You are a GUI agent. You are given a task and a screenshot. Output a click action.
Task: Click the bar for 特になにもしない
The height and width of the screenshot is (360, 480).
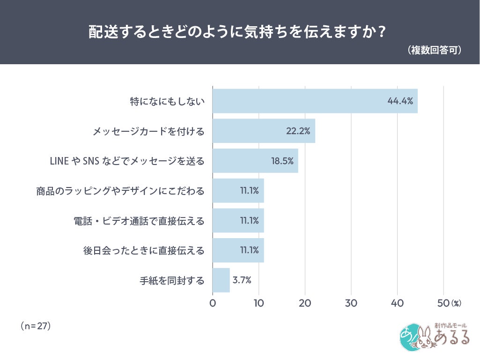[315, 101]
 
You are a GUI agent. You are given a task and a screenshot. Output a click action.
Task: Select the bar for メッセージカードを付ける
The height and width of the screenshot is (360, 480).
[264, 131]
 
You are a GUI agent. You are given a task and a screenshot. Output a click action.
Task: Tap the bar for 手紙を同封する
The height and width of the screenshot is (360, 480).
[221, 280]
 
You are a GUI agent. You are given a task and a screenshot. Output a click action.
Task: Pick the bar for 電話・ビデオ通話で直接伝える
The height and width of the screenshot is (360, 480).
[238, 220]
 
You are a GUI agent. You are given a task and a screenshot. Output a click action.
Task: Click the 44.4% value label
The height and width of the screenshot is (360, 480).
[400, 101]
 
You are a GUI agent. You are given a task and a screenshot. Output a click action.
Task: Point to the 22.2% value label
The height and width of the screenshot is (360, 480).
[298, 131]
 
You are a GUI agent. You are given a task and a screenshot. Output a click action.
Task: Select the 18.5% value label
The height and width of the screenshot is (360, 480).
[282, 161]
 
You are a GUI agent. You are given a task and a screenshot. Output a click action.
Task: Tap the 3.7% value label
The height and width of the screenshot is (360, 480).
[242, 280]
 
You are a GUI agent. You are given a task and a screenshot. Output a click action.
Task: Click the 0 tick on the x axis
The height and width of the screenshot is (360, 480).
[213, 303]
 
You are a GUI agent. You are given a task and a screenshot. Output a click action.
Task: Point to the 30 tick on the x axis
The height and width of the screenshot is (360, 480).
[351, 303]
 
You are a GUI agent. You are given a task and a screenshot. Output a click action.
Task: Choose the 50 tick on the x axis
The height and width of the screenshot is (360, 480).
[443, 303]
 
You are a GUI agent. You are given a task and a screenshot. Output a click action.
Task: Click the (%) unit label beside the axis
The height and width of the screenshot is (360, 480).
[456, 304]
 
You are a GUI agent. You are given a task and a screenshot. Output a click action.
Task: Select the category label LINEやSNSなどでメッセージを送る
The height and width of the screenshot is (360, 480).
[127, 161]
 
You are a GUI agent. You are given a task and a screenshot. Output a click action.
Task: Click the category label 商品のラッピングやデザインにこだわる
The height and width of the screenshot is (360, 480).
[120, 191]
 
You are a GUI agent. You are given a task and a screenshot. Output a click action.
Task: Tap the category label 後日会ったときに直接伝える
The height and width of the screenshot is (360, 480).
[144, 250]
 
